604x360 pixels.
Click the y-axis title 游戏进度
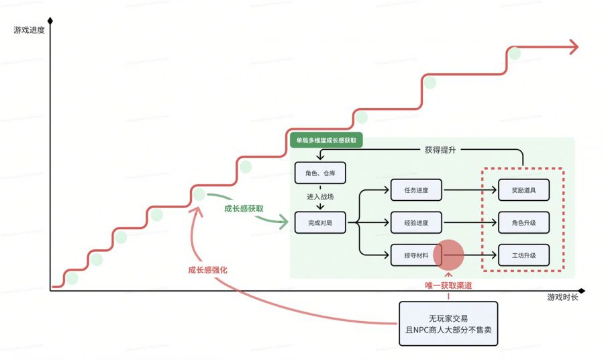tap(29, 30)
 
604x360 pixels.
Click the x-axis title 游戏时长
tap(562, 298)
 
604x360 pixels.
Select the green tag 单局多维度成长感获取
tap(326, 141)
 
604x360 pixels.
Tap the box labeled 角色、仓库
tap(320, 174)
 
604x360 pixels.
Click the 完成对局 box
tap(320, 222)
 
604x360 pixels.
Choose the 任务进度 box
tap(416, 190)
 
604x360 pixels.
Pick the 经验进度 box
tap(416, 222)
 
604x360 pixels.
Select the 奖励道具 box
tap(523, 190)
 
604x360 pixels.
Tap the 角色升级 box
tap(523, 222)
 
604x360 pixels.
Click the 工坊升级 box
tap(523, 255)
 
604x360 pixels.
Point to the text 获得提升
tap(440, 150)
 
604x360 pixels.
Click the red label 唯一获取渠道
tap(448, 285)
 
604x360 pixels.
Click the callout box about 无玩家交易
tap(448, 323)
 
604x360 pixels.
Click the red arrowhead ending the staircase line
tap(572, 46)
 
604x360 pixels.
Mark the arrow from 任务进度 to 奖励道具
tap(470, 190)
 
